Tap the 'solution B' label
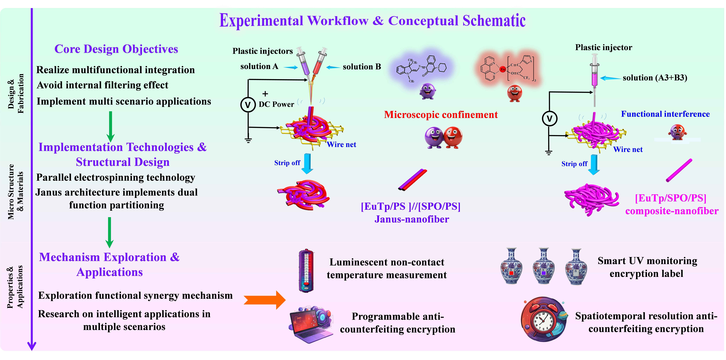point(362,67)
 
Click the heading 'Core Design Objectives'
point(116,49)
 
